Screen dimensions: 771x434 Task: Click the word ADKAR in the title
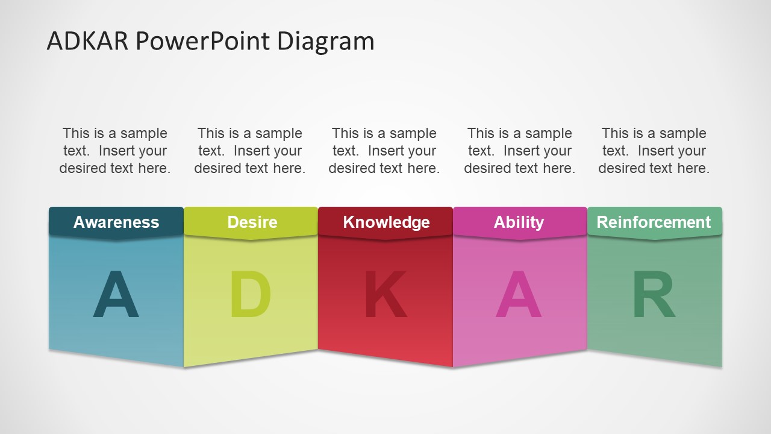point(87,41)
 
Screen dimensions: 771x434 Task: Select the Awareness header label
point(116,222)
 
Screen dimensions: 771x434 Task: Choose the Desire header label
point(252,222)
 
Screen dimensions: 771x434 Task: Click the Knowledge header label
point(386,223)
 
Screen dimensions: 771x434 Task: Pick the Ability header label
point(519,223)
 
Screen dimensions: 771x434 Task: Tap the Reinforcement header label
point(654,222)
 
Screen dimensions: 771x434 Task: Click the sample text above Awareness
point(115,151)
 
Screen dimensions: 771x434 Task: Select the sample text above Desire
point(250,151)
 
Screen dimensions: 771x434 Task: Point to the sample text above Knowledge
point(384,151)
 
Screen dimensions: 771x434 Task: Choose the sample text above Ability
point(520,151)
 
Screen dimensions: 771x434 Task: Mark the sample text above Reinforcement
point(654,151)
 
